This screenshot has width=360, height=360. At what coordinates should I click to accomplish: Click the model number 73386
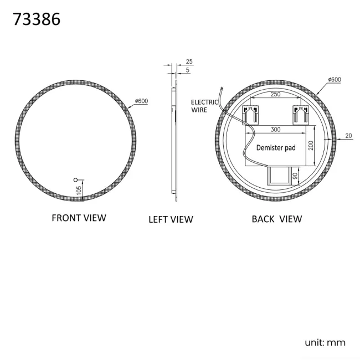coord(36,19)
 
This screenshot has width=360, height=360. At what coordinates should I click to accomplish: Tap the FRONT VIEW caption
coord(79,218)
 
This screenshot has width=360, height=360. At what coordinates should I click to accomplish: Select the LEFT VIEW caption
coord(171,219)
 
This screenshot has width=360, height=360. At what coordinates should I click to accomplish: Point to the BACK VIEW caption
coord(277,219)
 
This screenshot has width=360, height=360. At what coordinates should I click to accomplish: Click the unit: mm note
coord(325,342)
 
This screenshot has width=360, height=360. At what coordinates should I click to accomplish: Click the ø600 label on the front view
coord(142,101)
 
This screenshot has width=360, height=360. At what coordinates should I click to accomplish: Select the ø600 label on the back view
coord(334,80)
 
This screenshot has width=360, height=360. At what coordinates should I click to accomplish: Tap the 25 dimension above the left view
coord(189,61)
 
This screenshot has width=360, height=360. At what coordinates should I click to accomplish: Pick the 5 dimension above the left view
coord(188,70)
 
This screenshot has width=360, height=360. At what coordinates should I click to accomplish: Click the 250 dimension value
coord(275,95)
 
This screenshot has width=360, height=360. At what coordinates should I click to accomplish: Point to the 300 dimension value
coord(275,128)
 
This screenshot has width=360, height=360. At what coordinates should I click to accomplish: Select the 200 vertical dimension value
coord(311,145)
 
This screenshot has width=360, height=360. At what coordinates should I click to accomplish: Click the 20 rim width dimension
coord(348,135)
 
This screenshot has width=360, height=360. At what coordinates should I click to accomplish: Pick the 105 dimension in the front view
coord(80,190)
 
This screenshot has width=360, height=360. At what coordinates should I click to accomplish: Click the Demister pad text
coord(276,148)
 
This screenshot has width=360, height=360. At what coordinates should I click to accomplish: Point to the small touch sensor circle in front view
coord(76,180)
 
